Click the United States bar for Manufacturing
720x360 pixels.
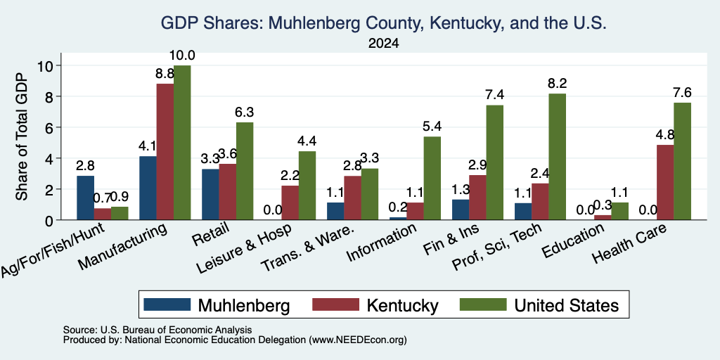(182, 143)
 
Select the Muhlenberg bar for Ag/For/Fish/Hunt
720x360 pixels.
(85, 198)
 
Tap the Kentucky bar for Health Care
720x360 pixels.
(665, 182)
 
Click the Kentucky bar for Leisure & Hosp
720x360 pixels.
(290, 202)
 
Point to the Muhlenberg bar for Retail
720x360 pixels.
(210, 194)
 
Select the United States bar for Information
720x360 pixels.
(432, 178)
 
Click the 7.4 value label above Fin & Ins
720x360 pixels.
(494, 96)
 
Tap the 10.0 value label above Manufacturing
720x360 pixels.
(182, 56)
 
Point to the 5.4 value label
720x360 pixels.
(432, 127)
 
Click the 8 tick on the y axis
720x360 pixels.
(51, 96)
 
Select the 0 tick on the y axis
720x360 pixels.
(51, 220)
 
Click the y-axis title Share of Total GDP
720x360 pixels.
(22, 136)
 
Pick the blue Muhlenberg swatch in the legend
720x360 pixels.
(167, 304)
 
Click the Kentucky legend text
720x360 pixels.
(402, 305)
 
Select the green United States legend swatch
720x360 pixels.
(483, 304)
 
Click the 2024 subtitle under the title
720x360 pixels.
(384, 44)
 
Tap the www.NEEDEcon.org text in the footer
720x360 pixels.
(358, 340)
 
